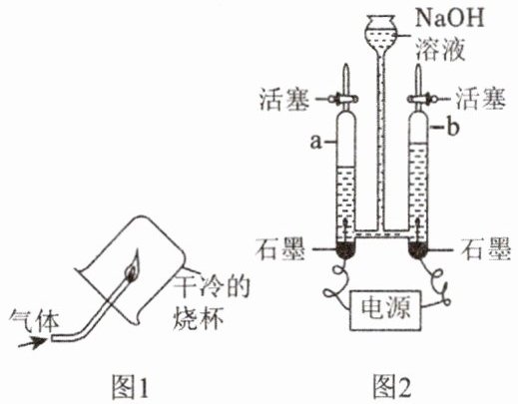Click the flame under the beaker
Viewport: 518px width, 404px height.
tap(133, 266)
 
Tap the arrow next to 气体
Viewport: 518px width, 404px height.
tap(33, 342)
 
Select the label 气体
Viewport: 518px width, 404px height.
tap(35, 320)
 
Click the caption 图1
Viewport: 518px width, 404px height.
tap(130, 387)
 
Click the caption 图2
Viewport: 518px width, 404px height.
tap(392, 387)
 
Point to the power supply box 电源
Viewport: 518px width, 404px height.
tap(385, 310)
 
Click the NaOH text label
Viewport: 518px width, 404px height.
tap(449, 17)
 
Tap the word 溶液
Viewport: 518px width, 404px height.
tap(439, 49)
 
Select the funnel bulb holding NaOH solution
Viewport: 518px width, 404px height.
tap(380, 32)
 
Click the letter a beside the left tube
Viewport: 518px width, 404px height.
tap(316, 142)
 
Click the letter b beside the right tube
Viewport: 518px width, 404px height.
tap(453, 128)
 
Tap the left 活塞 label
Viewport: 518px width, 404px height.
tap(284, 99)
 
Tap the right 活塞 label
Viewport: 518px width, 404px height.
tap(480, 99)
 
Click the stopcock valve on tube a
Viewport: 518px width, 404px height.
tap(344, 99)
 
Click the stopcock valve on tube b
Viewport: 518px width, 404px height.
tap(421, 99)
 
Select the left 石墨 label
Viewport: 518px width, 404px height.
tap(280, 249)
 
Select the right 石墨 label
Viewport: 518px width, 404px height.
tap(486, 249)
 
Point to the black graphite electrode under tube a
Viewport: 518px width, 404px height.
tap(346, 249)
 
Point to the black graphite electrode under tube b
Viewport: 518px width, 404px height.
tap(419, 249)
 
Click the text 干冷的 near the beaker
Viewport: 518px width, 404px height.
tap(213, 286)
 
